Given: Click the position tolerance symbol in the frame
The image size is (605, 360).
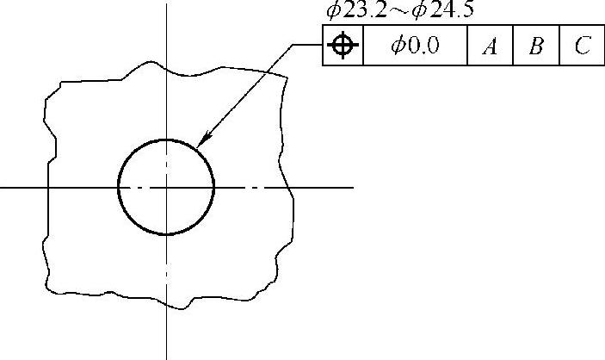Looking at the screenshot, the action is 343,45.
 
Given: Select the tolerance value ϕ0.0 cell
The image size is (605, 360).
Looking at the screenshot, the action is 415,45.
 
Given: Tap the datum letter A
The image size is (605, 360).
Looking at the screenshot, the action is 490,47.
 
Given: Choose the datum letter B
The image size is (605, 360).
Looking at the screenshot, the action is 536,46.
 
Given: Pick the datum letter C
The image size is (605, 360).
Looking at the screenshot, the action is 583,45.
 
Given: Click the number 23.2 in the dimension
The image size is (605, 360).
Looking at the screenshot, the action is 365,10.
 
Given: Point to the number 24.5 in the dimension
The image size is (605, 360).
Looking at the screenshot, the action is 451,10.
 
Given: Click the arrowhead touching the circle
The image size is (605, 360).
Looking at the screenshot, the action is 204,139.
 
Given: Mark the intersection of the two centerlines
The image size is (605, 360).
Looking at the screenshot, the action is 167,188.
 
